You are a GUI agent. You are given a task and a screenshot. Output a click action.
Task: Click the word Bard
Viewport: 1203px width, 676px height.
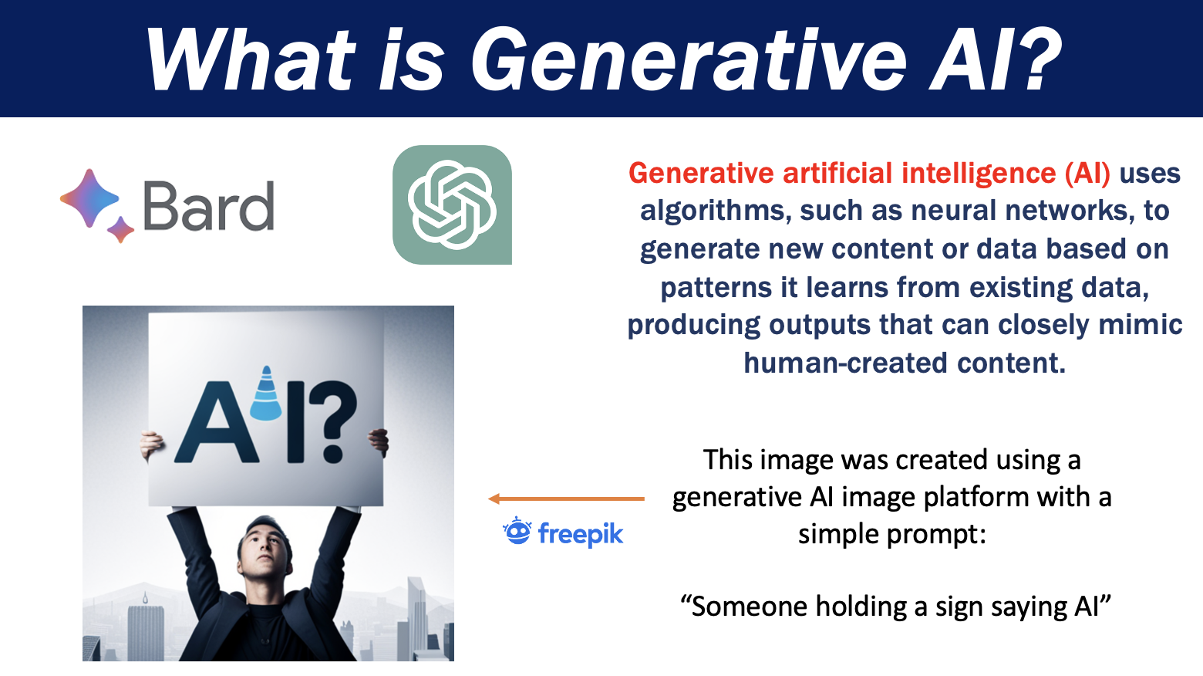[x=209, y=206]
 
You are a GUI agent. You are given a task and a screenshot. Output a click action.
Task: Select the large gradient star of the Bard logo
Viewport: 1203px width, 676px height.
[x=89, y=198]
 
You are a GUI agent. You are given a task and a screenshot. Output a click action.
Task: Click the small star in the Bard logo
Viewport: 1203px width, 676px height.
[x=121, y=229]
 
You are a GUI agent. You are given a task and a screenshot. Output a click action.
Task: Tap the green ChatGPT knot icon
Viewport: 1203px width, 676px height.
[x=452, y=204]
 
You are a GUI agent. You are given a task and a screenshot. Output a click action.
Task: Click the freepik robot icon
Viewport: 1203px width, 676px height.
[x=517, y=531]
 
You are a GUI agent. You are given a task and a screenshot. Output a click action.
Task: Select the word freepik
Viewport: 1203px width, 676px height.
[x=581, y=534]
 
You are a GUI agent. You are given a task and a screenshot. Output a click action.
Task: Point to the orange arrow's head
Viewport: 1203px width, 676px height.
[x=494, y=499]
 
